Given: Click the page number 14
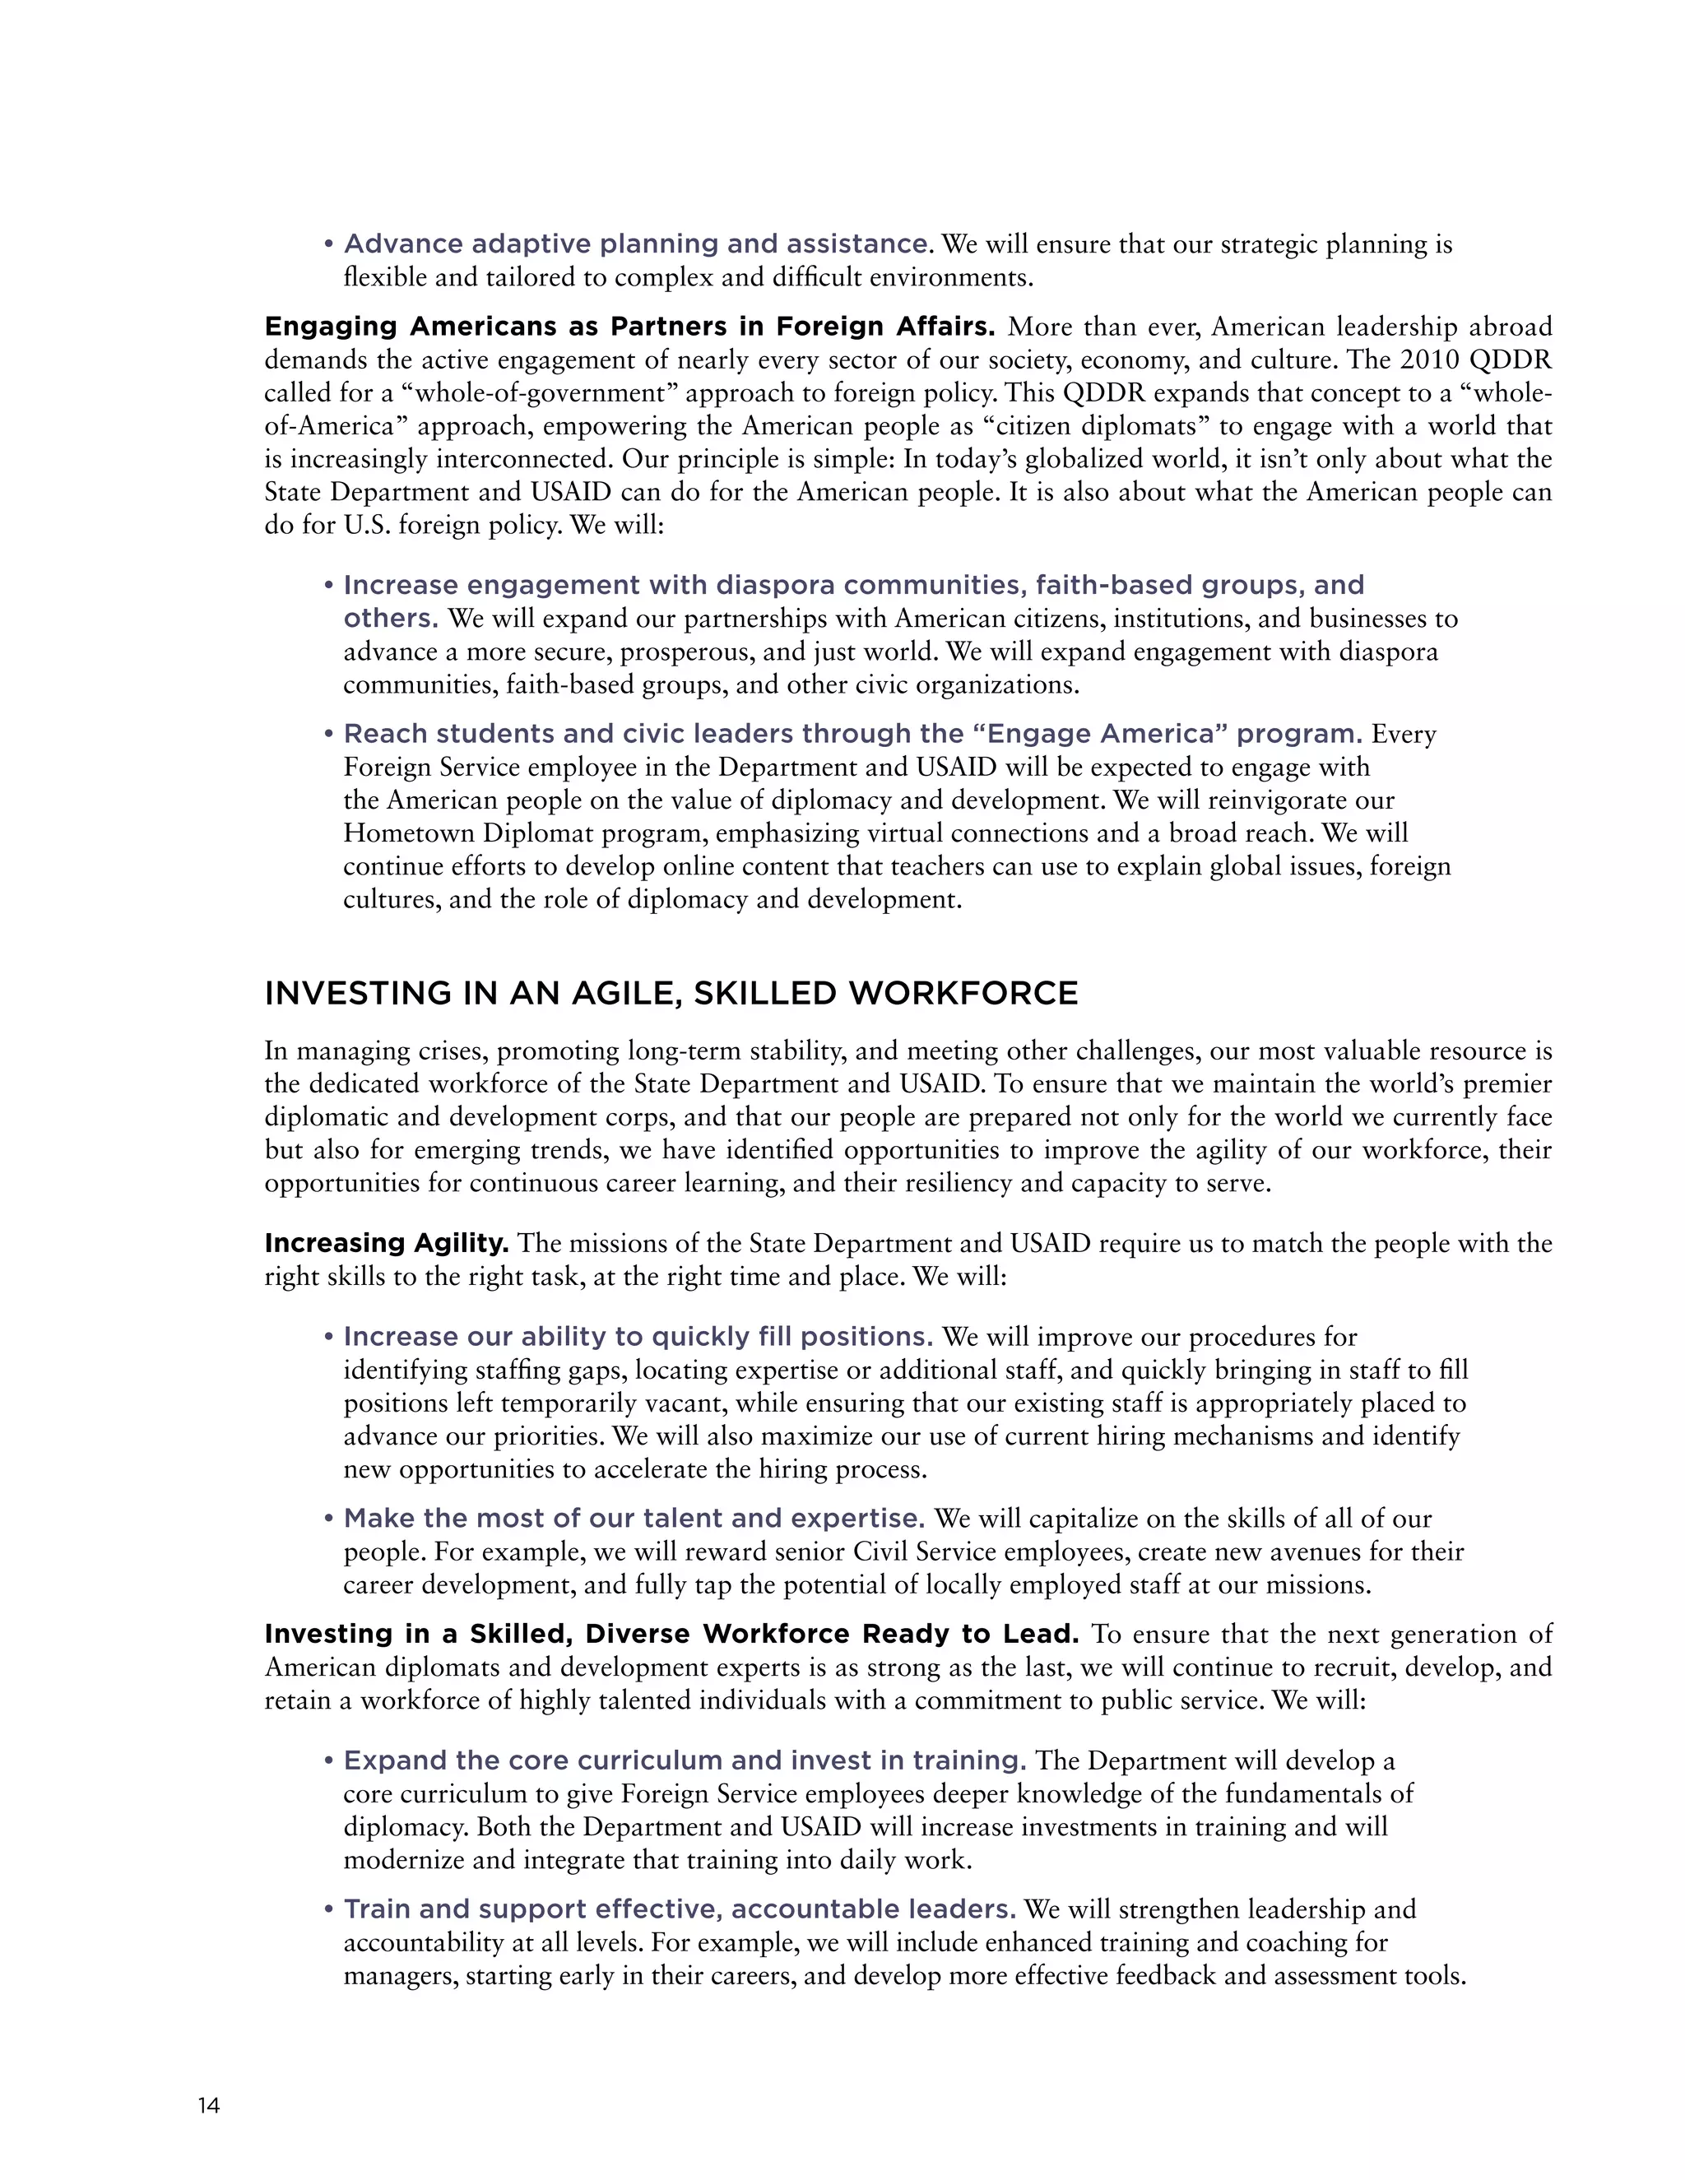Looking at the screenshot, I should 209,2106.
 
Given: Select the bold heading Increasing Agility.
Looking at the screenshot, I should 387,1244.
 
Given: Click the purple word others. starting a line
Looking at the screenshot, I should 390,619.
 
